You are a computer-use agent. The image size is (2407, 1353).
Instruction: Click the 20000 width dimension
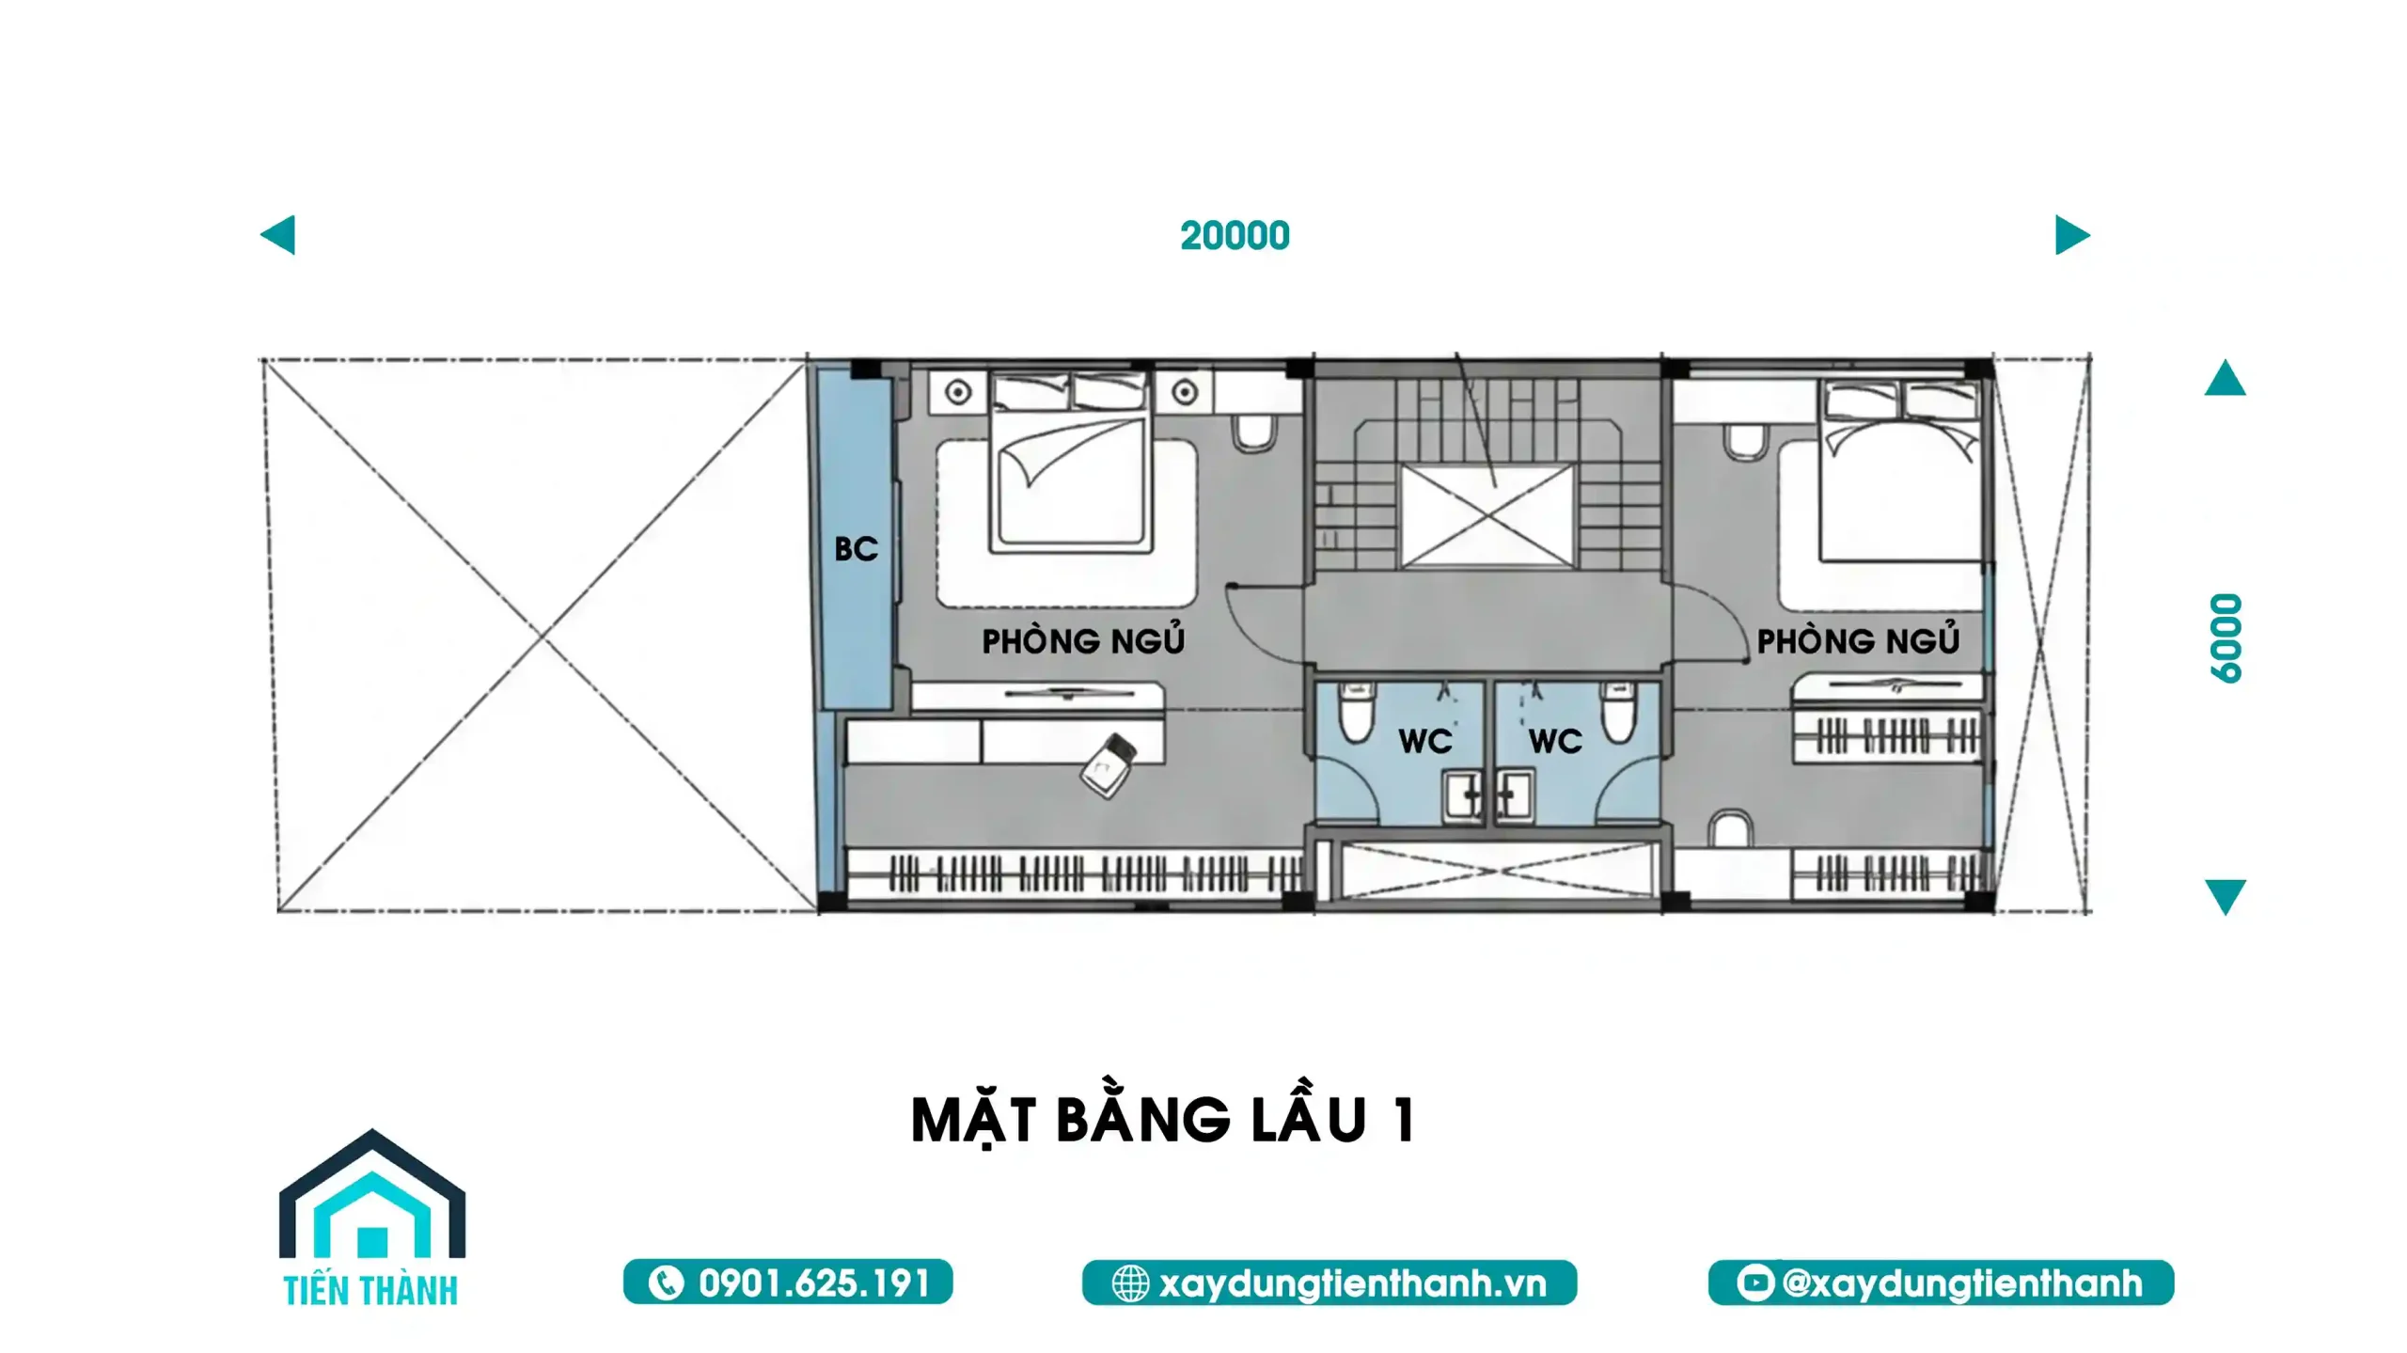click(1235, 235)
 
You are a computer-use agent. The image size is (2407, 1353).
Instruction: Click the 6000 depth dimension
click(2226, 637)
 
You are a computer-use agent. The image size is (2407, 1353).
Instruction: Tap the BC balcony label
click(856, 549)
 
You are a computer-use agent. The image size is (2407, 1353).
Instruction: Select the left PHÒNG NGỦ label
click(1083, 640)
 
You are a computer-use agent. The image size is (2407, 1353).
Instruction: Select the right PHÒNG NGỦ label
click(1858, 640)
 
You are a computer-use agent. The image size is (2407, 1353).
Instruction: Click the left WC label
click(1425, 741)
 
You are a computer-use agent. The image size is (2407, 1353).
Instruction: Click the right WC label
click(1555, 741)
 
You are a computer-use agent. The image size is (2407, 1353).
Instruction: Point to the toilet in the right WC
click(1619, 712)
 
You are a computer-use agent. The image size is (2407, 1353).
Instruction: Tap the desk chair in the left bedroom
click(1109, 765)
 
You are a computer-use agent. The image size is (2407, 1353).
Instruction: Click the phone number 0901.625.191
click(814, 1282)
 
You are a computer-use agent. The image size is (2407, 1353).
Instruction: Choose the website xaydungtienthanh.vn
click(1352, 1283)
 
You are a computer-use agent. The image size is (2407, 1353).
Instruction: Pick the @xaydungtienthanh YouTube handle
click(1962, 1283)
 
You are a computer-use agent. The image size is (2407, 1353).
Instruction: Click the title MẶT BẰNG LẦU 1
click(1163, 1120)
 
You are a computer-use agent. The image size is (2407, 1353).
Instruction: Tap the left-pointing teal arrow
click(278, 235)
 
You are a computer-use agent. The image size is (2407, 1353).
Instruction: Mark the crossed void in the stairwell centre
click(1487, 515)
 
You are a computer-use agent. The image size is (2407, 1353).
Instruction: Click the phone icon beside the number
click(666, 1283)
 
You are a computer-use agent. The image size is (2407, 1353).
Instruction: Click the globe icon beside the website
click(1130, 1283)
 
